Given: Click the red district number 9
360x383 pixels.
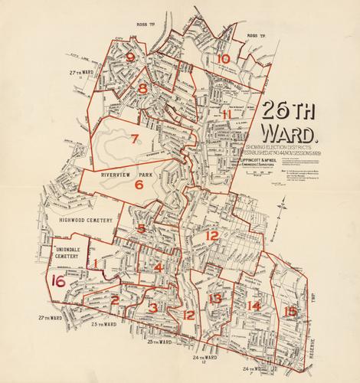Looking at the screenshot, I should [130, 57].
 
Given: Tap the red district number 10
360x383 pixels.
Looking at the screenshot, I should [223, 58].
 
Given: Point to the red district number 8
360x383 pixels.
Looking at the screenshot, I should [143, 89].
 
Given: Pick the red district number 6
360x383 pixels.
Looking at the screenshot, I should [139, 184].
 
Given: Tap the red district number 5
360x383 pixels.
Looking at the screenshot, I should [141, 228].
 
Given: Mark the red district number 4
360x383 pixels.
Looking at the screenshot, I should [158, 267].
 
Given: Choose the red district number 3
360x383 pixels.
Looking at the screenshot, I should [154, 307].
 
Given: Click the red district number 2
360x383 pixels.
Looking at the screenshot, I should [115, 300].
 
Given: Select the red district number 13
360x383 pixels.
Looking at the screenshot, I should [217, 298].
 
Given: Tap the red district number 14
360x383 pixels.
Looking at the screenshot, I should [254, 306].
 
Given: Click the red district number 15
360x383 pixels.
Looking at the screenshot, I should [290, 311].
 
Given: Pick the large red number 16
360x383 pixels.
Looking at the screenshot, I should [57, 280].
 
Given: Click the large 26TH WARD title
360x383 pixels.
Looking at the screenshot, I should [292, 119].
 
